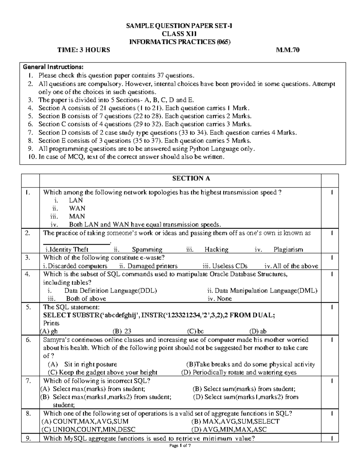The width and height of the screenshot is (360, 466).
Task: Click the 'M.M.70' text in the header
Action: pos(287,50)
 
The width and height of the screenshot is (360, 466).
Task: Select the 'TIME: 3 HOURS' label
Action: pos(84,50)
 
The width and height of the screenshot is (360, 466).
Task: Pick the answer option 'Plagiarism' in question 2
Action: pos(288,249)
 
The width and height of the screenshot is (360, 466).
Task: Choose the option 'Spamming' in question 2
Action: pos(147,249)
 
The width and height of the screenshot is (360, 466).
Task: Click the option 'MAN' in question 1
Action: pos(77,216)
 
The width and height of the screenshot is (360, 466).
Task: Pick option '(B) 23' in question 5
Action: pos(122,331)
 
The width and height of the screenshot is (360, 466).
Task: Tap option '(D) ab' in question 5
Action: pos(258,331)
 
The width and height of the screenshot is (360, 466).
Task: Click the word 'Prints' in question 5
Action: pos(51,323)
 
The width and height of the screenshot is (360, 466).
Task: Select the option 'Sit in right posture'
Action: pos(90,364)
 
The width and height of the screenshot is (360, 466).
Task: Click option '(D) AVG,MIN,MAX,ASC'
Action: pos(229,429)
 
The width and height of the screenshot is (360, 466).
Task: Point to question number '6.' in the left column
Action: pos(28,340)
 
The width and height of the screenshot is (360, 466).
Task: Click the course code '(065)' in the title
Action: pos(223,42)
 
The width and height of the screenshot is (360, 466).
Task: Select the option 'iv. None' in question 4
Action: pos(220,299)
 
